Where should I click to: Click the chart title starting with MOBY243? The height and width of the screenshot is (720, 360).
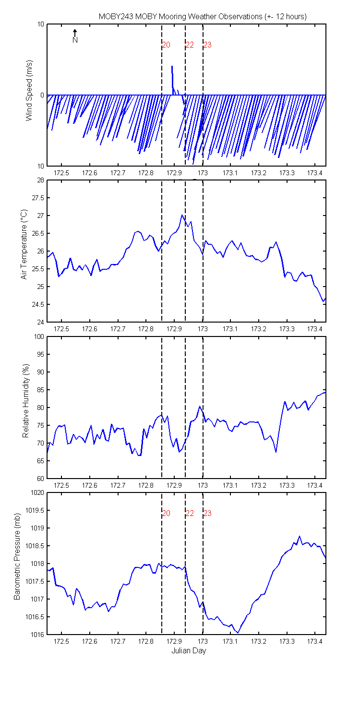pyautogui.click(x=203, y=17)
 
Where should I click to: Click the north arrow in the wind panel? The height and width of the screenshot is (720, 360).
pyautogui.click(x=75, y=33)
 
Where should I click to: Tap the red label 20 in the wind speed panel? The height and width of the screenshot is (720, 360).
pyautogui.click(x=166, y=45)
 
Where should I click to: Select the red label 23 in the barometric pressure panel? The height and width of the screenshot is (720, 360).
pyautogui.click(x=208, y=513)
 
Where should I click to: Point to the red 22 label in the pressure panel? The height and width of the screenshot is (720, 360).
pyautogui.click(x=190, y=513)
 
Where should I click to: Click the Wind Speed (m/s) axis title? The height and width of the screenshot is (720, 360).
pyautogui.click(x=29, y=90)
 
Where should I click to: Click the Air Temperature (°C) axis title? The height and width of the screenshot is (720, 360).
pyautogui.click(x=24, y=244)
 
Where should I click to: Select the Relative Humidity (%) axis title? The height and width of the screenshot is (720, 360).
pyautogui.click(x=26, y=401)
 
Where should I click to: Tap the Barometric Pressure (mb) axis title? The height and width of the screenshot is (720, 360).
pyautogui.click(x=17, y=556)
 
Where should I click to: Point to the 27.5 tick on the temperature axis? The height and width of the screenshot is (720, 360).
pyautogui.click(x=38, y=198)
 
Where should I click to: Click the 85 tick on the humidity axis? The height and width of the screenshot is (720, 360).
pyautogui.click(x=41, y=390)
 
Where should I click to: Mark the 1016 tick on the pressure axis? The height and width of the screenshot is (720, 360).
pyautogui.click(x=37, y=635)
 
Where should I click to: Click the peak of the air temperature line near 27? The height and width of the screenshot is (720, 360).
pyautogui.click(x=182, y=215)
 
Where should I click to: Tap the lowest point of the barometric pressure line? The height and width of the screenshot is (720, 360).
pyautogui.click(x=238, y=633)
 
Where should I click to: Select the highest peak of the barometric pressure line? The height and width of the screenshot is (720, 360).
pyautogui.click(x=300, y=537)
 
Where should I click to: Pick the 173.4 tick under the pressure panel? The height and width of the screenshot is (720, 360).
pyautogui.click(x=315, y=641)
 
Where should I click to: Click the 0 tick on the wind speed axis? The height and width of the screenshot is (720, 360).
pyautogui.click(x=42, y=95)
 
